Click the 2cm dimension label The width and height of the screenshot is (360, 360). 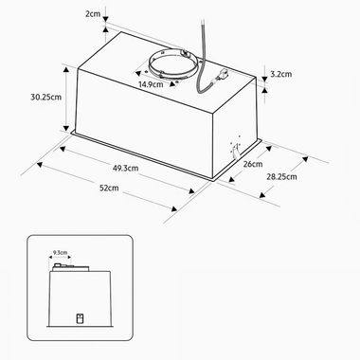[x=93, y=14]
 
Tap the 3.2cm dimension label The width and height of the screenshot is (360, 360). [x=281, y=73]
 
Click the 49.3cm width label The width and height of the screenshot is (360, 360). [x=124, y=168]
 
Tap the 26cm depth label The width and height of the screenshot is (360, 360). [x=251, y=163]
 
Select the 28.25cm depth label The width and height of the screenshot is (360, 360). [x=281, y=176]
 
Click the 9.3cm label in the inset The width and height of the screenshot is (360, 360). [x=60, y=253]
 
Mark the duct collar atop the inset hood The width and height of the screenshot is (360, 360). [x=63, y=268]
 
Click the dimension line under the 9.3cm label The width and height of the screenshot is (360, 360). [x=61, y=260]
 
